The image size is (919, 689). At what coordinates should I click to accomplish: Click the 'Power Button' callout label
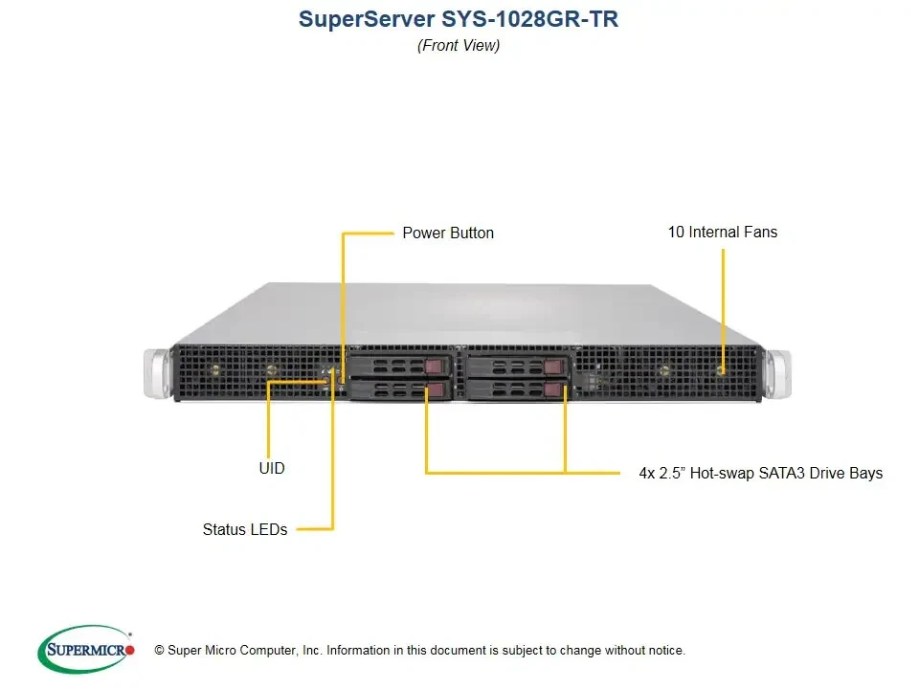448,233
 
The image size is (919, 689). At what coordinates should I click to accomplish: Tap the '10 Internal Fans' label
722,232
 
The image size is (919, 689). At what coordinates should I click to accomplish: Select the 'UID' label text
271,468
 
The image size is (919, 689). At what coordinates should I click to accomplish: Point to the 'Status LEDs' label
245,529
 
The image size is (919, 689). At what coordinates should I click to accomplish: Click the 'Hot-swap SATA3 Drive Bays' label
760,473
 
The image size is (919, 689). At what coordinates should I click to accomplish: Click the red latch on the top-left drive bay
437,366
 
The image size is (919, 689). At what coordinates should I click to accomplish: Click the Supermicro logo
86,650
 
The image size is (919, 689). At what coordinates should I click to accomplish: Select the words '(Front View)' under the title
459,45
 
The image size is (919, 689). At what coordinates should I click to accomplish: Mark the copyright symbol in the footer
159,651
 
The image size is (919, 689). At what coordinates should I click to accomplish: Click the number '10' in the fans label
676,232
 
